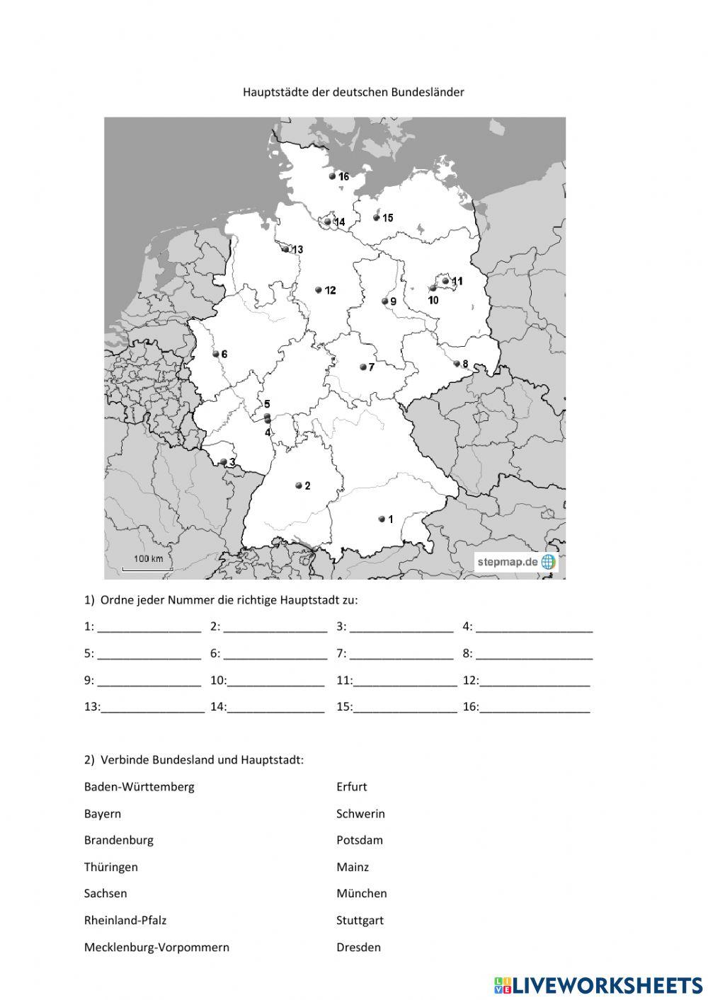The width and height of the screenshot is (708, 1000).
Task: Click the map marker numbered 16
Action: [x=332, y=176]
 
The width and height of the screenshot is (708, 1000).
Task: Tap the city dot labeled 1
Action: [x=382, y=519]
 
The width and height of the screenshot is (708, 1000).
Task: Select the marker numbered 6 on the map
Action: [x=216, y=354]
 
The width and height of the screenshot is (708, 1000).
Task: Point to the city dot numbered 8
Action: [x=457, y=364]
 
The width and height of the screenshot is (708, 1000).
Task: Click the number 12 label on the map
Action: [x=330, y=290]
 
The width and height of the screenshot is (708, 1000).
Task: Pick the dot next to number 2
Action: [x=299, y=485]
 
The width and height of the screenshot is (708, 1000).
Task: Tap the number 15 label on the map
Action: [x=387, y=218]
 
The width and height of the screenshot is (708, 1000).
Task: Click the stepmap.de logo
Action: [x=516, y=562]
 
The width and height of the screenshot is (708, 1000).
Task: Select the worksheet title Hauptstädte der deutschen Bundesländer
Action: [x=353, y=92]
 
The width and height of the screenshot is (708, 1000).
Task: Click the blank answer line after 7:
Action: [x=401, y=653]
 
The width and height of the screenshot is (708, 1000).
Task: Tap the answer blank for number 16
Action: [x=535, y=706]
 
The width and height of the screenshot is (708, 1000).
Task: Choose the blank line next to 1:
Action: [x=149, y=626]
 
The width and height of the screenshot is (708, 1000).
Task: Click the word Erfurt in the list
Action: [x=352, y=786]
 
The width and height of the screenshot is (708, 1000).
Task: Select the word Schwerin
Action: [x=360, y=813]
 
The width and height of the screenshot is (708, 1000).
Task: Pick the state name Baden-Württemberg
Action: [x=139, y=786]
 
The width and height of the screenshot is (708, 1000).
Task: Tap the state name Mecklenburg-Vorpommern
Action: [x=156, y=947]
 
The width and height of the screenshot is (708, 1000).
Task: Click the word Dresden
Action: [x=358, y=947]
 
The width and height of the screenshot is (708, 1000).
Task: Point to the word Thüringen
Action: [x=111, y=867]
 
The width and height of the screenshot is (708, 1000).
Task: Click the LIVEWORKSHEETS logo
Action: [x=598, y=985]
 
